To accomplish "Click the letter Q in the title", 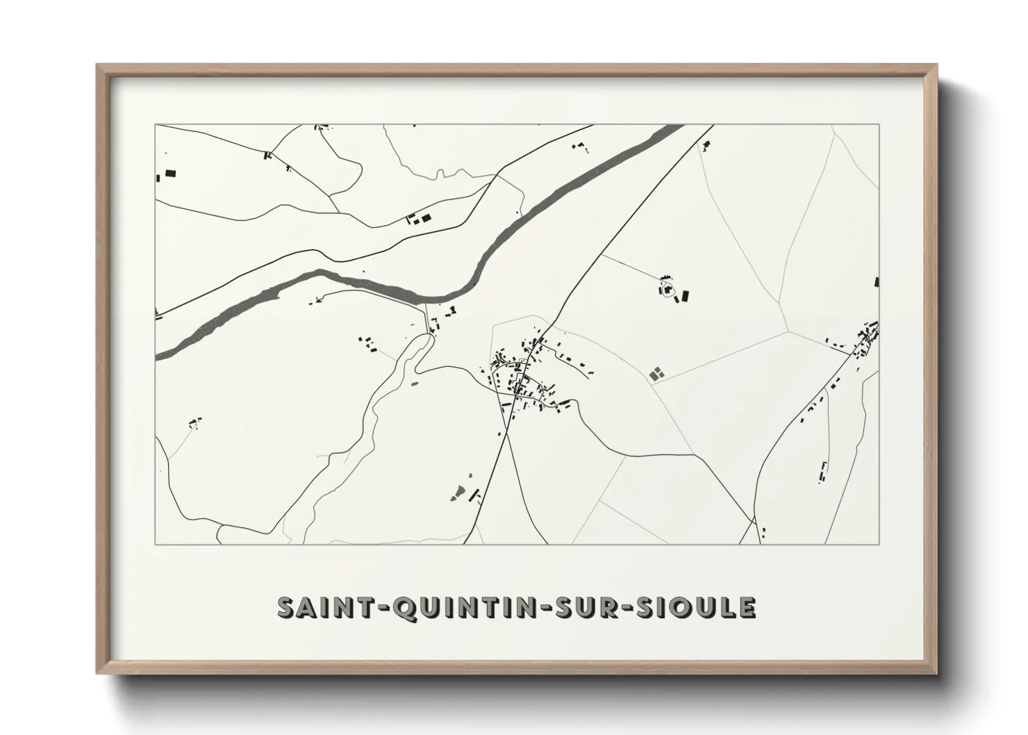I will (x=404, y=608).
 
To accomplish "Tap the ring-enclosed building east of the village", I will (x=668, y=291).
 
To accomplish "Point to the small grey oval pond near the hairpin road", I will (x=415, y=383).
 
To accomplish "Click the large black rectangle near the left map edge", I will (x=170, y=174).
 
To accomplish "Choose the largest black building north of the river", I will (x=426, y=218).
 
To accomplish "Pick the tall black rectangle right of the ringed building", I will (x=686, y=296).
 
